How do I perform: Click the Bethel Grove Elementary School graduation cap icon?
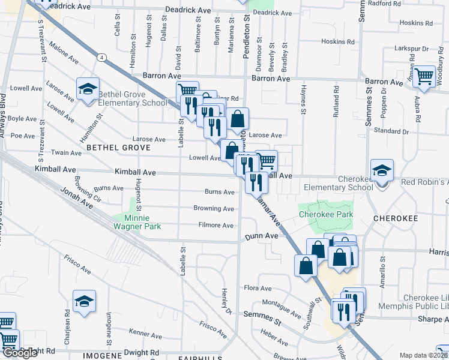(x=88, y=90)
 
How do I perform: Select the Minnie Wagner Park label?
(x=134, y=222)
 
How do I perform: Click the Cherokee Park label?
(x=325, y=214)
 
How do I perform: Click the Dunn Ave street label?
(x=262, y=236)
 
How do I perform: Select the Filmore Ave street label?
(x=215, y=225)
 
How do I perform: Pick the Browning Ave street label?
(x=214, y=209)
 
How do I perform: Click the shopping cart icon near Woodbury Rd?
(x=424, y=76)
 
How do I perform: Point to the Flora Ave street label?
(x=258, y=288)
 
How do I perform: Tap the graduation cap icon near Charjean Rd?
(x=84, y=302)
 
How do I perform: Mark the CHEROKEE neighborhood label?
(x=396, y=219)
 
